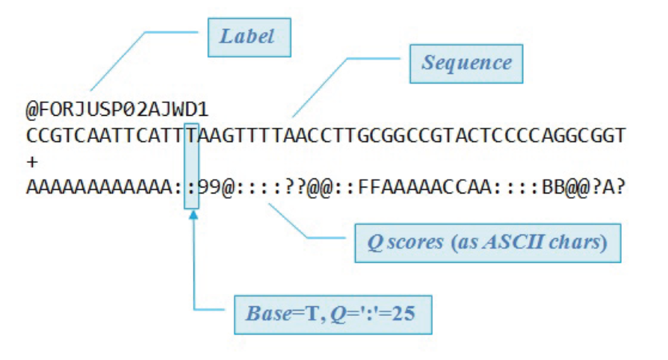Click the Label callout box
249,36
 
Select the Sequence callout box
466,62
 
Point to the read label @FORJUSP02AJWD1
117,111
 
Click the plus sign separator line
31,161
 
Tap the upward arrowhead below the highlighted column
193,215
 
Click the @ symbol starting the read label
31,111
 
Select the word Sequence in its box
466,62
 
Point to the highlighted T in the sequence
192,137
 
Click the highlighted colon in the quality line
192,187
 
